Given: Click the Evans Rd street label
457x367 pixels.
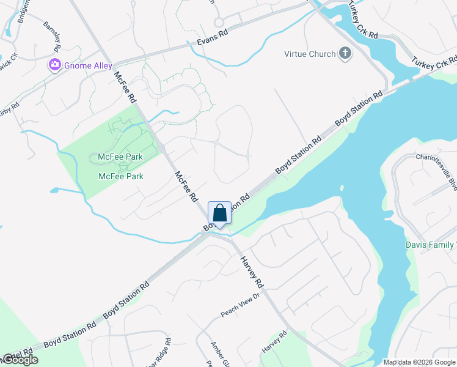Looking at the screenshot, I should tap(213, 38).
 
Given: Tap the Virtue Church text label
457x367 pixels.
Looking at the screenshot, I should tap(310, 54).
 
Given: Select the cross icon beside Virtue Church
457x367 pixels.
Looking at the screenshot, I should tap(345, 54).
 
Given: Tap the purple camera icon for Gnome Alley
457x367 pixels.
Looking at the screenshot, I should tap(55, 64).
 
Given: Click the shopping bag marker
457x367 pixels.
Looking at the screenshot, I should tap(220, 213).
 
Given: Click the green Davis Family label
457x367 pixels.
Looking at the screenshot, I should tap(431, 245).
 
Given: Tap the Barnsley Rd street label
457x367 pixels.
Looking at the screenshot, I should tap(53, 37).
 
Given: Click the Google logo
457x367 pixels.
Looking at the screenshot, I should tap(20, 360).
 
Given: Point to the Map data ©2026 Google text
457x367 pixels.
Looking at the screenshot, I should tap(419, 362).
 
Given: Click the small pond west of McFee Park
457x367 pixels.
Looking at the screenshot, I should tap(57, 190).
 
